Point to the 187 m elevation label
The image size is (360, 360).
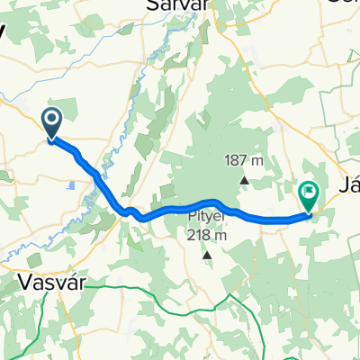244,161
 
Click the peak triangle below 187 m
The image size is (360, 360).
245,178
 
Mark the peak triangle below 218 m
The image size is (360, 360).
207,254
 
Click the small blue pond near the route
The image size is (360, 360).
70,185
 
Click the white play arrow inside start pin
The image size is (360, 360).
51,119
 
